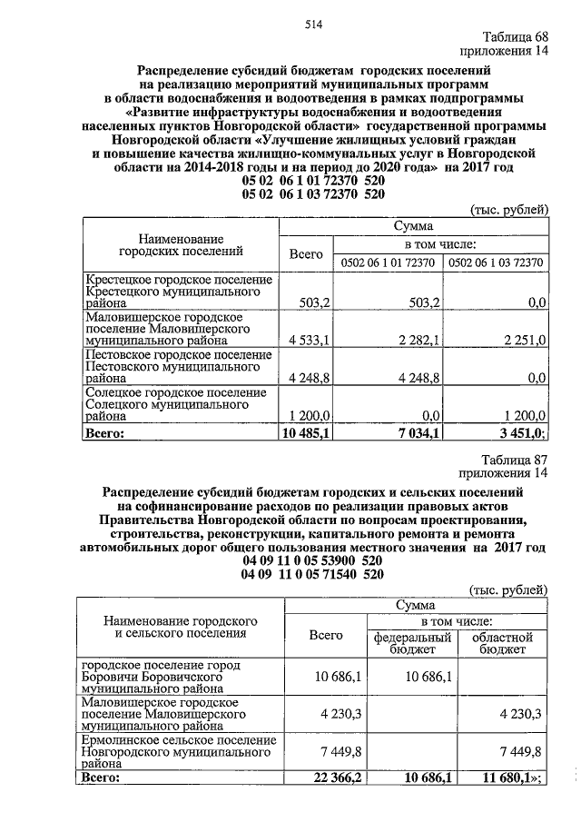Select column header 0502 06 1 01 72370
(388, 262)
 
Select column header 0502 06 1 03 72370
(496, 262)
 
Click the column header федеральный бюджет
(413, 644)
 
